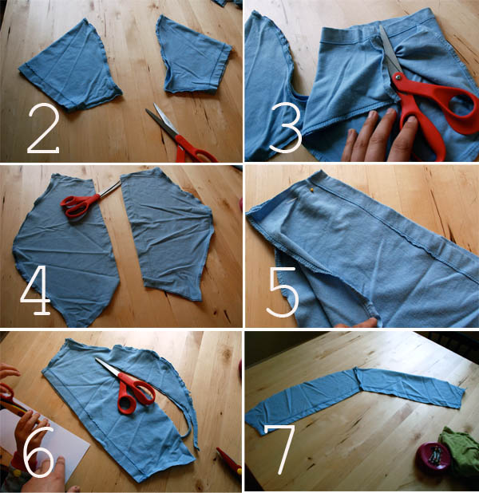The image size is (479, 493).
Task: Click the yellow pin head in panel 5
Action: [311, 189]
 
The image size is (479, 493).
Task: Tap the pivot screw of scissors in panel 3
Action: [398, 76]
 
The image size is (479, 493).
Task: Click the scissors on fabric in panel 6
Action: [128, 386]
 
